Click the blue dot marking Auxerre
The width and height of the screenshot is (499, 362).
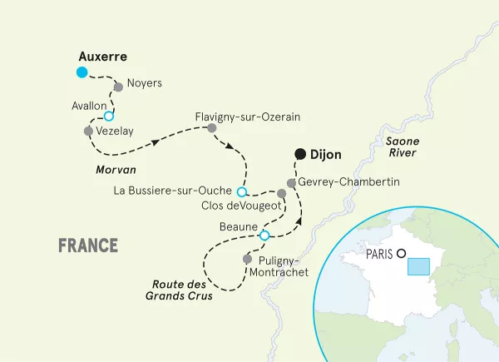point(82,72)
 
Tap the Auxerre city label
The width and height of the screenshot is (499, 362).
point(101,57)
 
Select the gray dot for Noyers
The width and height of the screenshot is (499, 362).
point(118,86)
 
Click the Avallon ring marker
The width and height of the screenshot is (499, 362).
point(108,117)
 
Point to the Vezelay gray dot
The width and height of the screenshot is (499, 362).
point(89,131)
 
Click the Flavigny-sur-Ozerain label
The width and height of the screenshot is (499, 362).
point(246,117)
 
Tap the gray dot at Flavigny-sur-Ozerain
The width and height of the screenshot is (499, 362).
point(212,128)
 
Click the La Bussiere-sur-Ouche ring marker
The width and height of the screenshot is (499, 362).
point(242,191)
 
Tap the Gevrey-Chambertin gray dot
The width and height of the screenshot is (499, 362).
point(291,182)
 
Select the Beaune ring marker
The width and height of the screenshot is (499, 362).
point(264,236)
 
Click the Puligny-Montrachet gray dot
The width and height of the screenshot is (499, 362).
point(247,260)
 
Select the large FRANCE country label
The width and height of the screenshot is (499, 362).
point(88,245)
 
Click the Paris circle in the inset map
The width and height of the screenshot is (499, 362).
point(401,254)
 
